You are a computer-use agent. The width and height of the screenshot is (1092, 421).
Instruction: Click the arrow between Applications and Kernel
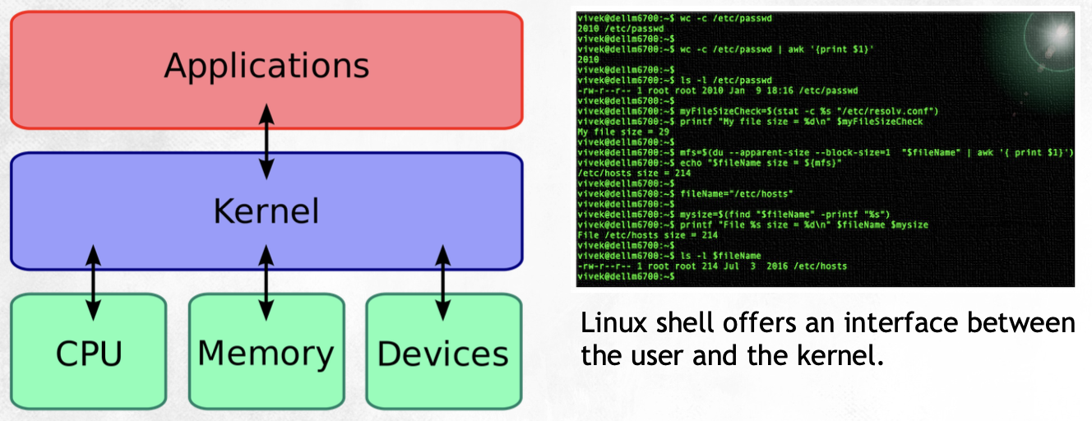(x=266, y=141)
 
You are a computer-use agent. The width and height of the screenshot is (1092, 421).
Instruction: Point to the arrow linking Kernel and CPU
(x=93, y=281)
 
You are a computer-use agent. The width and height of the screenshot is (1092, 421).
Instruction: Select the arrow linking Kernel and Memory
(x=266, y=281)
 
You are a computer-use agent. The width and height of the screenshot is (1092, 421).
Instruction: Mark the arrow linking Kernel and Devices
(x=443, y=281)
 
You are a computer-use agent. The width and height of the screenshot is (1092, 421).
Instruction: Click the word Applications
(x=266, y=66)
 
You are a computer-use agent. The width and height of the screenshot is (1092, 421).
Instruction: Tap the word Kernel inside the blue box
(x=266, y=210)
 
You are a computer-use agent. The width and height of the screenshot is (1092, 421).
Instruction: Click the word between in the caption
(x=1022, y=322)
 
